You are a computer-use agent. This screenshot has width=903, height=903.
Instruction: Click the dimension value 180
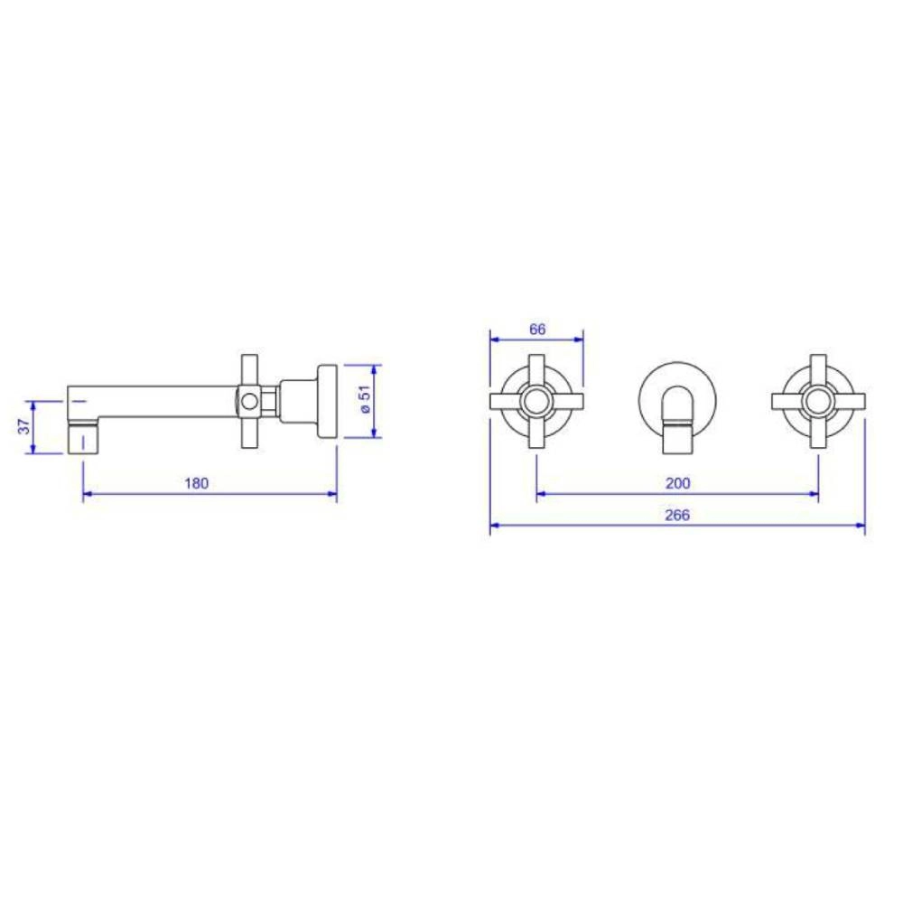pyautogui.click(x=196, y=483)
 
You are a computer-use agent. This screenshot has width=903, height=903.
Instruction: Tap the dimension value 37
pyautogui.click(x=23, y=426)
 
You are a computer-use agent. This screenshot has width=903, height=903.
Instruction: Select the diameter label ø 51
pyautogui.click(x=365, y=399)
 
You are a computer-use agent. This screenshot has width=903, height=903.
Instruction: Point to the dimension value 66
pyautogui.click(x=536, y=330)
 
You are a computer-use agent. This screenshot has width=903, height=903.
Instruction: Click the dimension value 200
pyautogui.click(x=678, y=483)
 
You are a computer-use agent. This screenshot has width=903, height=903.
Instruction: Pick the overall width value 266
pyautogui.click(x=677, y=515)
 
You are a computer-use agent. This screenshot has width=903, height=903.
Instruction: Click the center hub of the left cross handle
pyautogui.click(x=536, y=402)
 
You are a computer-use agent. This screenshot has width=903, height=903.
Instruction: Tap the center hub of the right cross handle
pyautogui.click(x=818, y=402)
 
